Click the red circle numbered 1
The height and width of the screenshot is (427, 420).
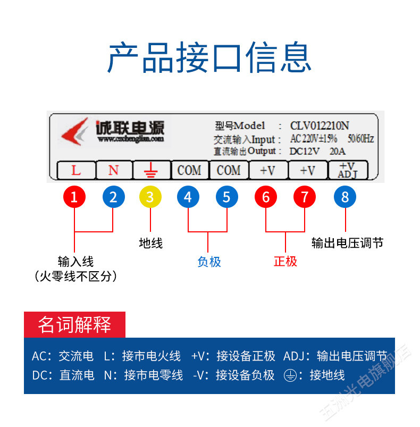(74, 197)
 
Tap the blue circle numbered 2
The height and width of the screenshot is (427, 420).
(113, 197)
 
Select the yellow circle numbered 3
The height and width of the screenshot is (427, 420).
(150, 197)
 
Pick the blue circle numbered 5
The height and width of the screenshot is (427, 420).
(226, 197)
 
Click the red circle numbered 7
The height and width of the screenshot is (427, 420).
(305, 197)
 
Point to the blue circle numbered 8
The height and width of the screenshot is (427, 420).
(345, 197)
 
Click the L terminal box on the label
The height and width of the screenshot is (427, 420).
(76, 170)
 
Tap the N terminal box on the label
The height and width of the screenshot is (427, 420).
(114, 170)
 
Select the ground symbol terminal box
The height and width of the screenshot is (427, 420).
(151, 170)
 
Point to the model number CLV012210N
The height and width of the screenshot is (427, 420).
(319, 126)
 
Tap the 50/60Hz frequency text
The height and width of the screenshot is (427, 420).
(360, 139)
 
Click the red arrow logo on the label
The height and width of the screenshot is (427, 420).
(74, 131)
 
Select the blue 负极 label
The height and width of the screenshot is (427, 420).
(209, 262)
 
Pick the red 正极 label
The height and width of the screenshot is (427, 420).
(285, 262)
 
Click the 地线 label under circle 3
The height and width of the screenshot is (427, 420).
(150, 244)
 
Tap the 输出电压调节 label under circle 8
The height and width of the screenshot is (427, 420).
(347, 243)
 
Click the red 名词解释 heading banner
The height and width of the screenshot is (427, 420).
(74, 324)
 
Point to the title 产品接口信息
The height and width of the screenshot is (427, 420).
(209, 57)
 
